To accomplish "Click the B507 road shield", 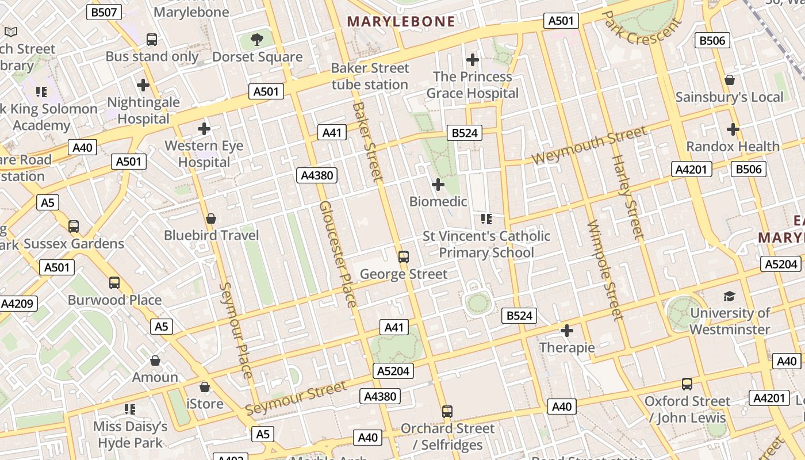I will click(103, 11).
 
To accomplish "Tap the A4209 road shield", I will click(18, 304).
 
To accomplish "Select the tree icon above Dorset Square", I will click(257, 40).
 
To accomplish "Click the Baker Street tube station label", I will click(370, 76).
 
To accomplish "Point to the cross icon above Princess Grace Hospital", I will click(472, 60).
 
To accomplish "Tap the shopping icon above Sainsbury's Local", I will click(730, 80).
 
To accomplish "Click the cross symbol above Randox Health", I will click(733, 129).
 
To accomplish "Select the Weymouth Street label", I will click(589, 146).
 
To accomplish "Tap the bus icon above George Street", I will click(404, 257).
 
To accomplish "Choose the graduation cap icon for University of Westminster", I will click(729, 297).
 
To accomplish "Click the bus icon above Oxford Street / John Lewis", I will click(687, 384).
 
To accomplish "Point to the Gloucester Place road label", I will click(338, 254).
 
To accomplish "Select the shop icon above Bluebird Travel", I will click(211, 219).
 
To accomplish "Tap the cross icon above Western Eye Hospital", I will click(204, 129).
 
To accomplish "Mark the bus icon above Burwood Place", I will click(114, 283).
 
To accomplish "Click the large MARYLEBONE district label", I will click(401, 22).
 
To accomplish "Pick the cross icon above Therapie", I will click(567, 331).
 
